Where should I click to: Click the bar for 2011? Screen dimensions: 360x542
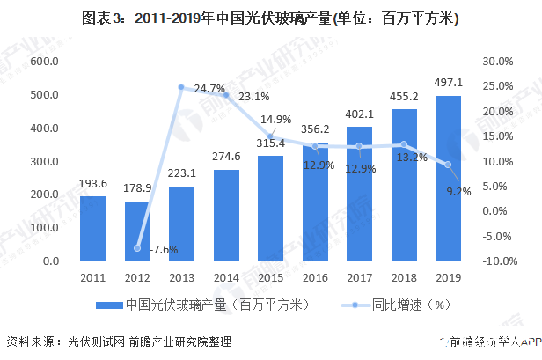(x=92, y=228)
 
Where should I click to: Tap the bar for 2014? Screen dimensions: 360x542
(x=226, y=215)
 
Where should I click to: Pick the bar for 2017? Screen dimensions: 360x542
(x=359, y=194)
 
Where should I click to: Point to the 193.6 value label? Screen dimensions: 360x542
(x=92, y=185)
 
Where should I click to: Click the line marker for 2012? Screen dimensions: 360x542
(x=137, y=248)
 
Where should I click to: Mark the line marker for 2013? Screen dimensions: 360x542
(x=181, y=87)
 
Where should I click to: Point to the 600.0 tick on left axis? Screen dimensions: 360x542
(x=44, y=61)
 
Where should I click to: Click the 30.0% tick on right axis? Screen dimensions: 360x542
(x=497, y=61)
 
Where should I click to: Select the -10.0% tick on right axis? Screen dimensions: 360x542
(x=495, y=261)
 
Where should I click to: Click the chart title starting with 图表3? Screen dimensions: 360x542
(x=271, y=18)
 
